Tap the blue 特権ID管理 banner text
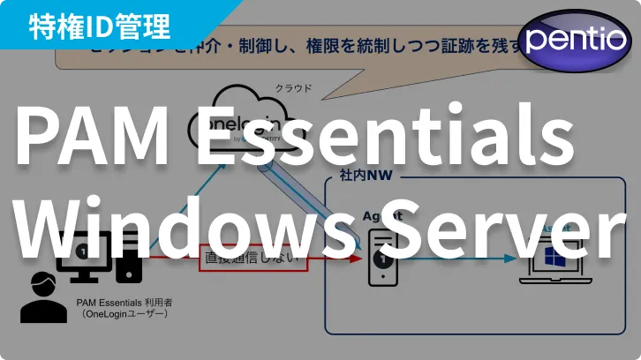pyautogui.click(x=99, y=26)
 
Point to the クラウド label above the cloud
pyautogui.click(x=293, y=88)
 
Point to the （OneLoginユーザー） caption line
pyautogui.click(x=123, y=313)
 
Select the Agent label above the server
pyautogui.click(x=382, y=215)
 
